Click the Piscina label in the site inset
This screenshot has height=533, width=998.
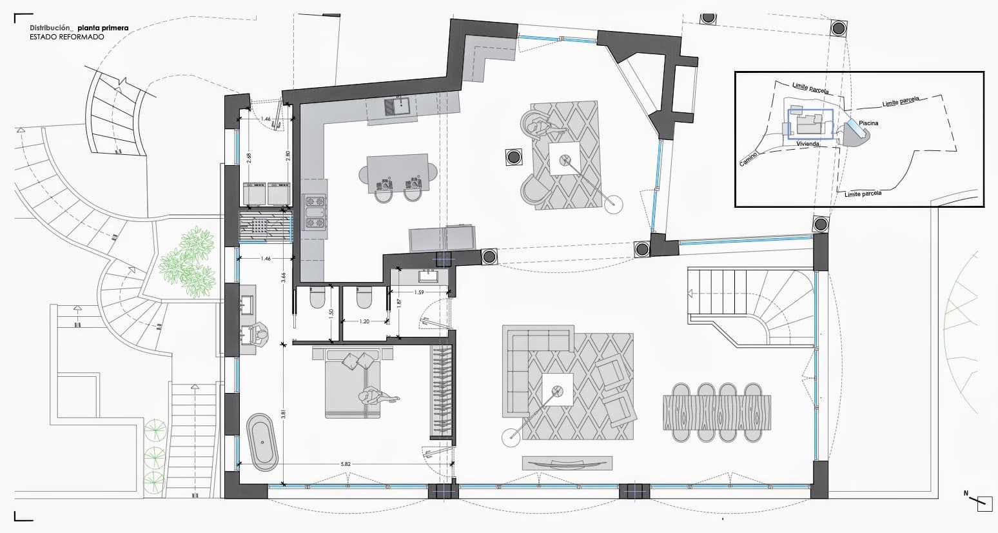[x=868, y=123]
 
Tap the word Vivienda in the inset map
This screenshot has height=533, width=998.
[x=808, y=144]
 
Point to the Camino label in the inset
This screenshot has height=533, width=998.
[x=748, y=160]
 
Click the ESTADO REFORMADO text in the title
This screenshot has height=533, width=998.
[x=66, y=37]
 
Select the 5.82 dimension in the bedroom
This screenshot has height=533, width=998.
[x=346, y=463]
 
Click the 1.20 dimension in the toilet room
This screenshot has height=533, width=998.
[x=364, y=321]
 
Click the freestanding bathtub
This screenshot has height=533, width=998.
[x=262, y=442]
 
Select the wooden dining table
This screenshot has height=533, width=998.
[x=716, y=412]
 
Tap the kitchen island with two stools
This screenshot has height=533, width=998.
[x=397, y=172]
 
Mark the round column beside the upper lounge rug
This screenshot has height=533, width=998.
[x=513, y=157]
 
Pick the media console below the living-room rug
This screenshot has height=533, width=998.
[x=567, y=463]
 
